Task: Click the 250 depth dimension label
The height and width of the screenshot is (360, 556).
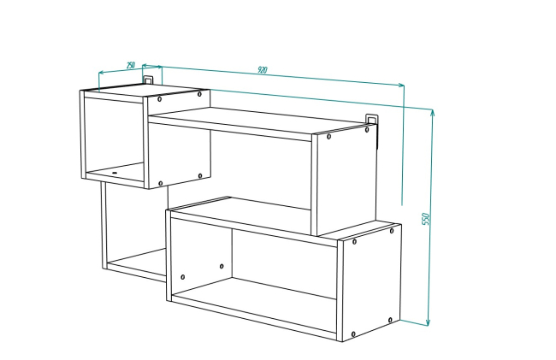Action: click(131, 65)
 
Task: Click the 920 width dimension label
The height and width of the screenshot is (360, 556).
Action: click(262, 70)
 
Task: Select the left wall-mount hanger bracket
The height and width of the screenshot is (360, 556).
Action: click(148, 80)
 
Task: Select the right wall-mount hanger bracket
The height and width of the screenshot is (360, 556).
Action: click(371, 119)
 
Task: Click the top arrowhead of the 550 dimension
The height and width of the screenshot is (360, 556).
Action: click(432, 112)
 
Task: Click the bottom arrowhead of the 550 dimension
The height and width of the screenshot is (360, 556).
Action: click(428, 322)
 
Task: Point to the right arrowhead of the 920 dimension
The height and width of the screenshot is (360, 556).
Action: click(401, 85)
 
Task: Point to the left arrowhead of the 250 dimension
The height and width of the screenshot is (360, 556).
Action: click(101, 73)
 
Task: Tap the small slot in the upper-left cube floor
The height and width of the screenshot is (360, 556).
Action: click(115, 173)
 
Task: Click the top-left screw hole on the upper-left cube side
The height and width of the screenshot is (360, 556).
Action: click(160, 99)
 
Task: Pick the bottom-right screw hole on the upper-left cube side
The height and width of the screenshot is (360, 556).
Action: click(200, 176)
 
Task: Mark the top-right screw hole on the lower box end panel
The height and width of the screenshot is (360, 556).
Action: click(392, 231)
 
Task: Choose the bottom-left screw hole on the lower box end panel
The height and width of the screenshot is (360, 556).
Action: click(353, 334)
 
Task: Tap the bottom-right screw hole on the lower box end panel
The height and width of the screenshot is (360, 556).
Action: click(390, 320)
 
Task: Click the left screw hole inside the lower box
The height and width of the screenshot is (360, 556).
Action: click(182, 277)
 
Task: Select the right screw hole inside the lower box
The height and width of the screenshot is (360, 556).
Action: click(222, 266)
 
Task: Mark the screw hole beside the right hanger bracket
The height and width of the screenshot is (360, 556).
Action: click(367, 130)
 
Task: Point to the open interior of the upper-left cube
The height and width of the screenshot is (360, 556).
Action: click(114, 134)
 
